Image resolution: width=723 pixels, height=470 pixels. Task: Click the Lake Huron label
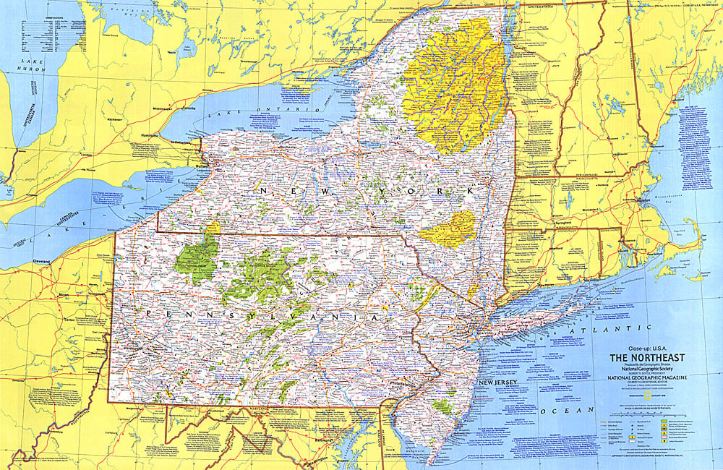point(33,67)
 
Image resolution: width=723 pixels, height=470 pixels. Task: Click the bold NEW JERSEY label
point(497,381)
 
